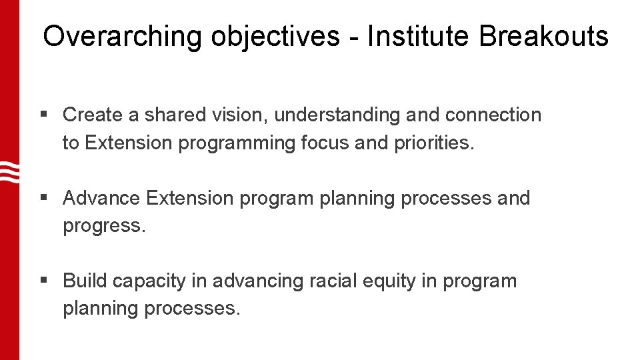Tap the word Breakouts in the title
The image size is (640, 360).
pyautogui.click(x=543, y=36)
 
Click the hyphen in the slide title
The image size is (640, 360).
pyautogui.click(x=353, y=37)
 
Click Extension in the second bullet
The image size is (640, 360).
pyautogui.click(x=190, y=198)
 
